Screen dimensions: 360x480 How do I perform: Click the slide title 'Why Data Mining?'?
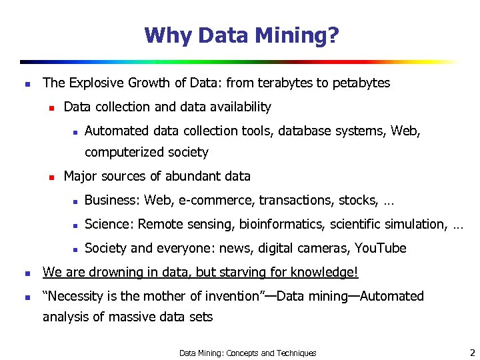pos(241,35)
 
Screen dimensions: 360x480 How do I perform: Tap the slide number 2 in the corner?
pos(471,352)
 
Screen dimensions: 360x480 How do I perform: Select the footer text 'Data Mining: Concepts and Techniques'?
pos(247,353)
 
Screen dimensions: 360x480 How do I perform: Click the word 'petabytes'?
pos(361,83)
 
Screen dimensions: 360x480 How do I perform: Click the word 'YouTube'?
pos(380,249)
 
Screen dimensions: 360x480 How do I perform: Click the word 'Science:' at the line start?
pos(109,224)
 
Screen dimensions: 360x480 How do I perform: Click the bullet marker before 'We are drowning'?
pos(26,273)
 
